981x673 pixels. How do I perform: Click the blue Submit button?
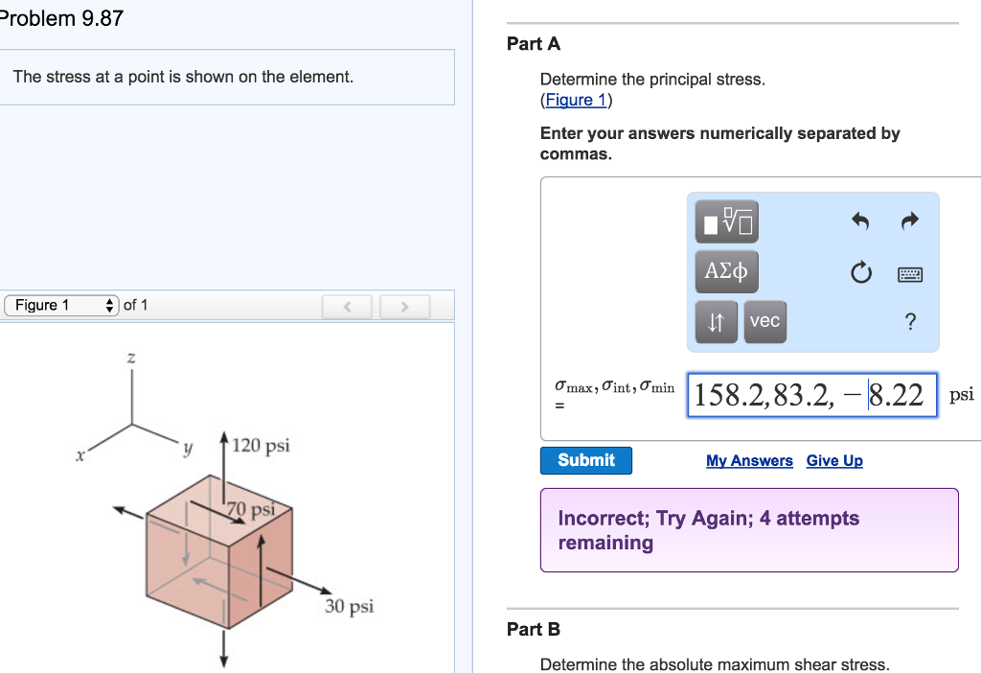pyautogui.click(x=585, y=460)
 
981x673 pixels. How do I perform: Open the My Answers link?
pyautogui.click(x=749, y=461)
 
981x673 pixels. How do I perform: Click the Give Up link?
pyautogui.click(x=834, y=461)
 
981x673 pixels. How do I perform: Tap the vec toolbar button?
pyautogui.click(x=764, y=322)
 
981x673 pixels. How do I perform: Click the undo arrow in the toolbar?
pyautogui.click(x=860, y=221)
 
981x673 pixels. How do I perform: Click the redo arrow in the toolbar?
pyautogui.click(x=909, y=221)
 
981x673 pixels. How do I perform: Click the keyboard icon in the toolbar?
pyautogui.click(x=909, y=275)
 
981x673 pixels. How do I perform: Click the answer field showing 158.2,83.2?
pyautogui.click(x=810, y=395)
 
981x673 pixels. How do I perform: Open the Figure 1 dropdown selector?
pyautogui.click(x=61, y=306)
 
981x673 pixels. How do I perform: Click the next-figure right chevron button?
pyautogui.click(x=404, y=307)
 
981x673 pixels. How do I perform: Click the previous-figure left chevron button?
pyautogui.click(x=348, y=307)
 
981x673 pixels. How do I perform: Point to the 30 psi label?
pyautogui.click(x=349, y=606)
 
